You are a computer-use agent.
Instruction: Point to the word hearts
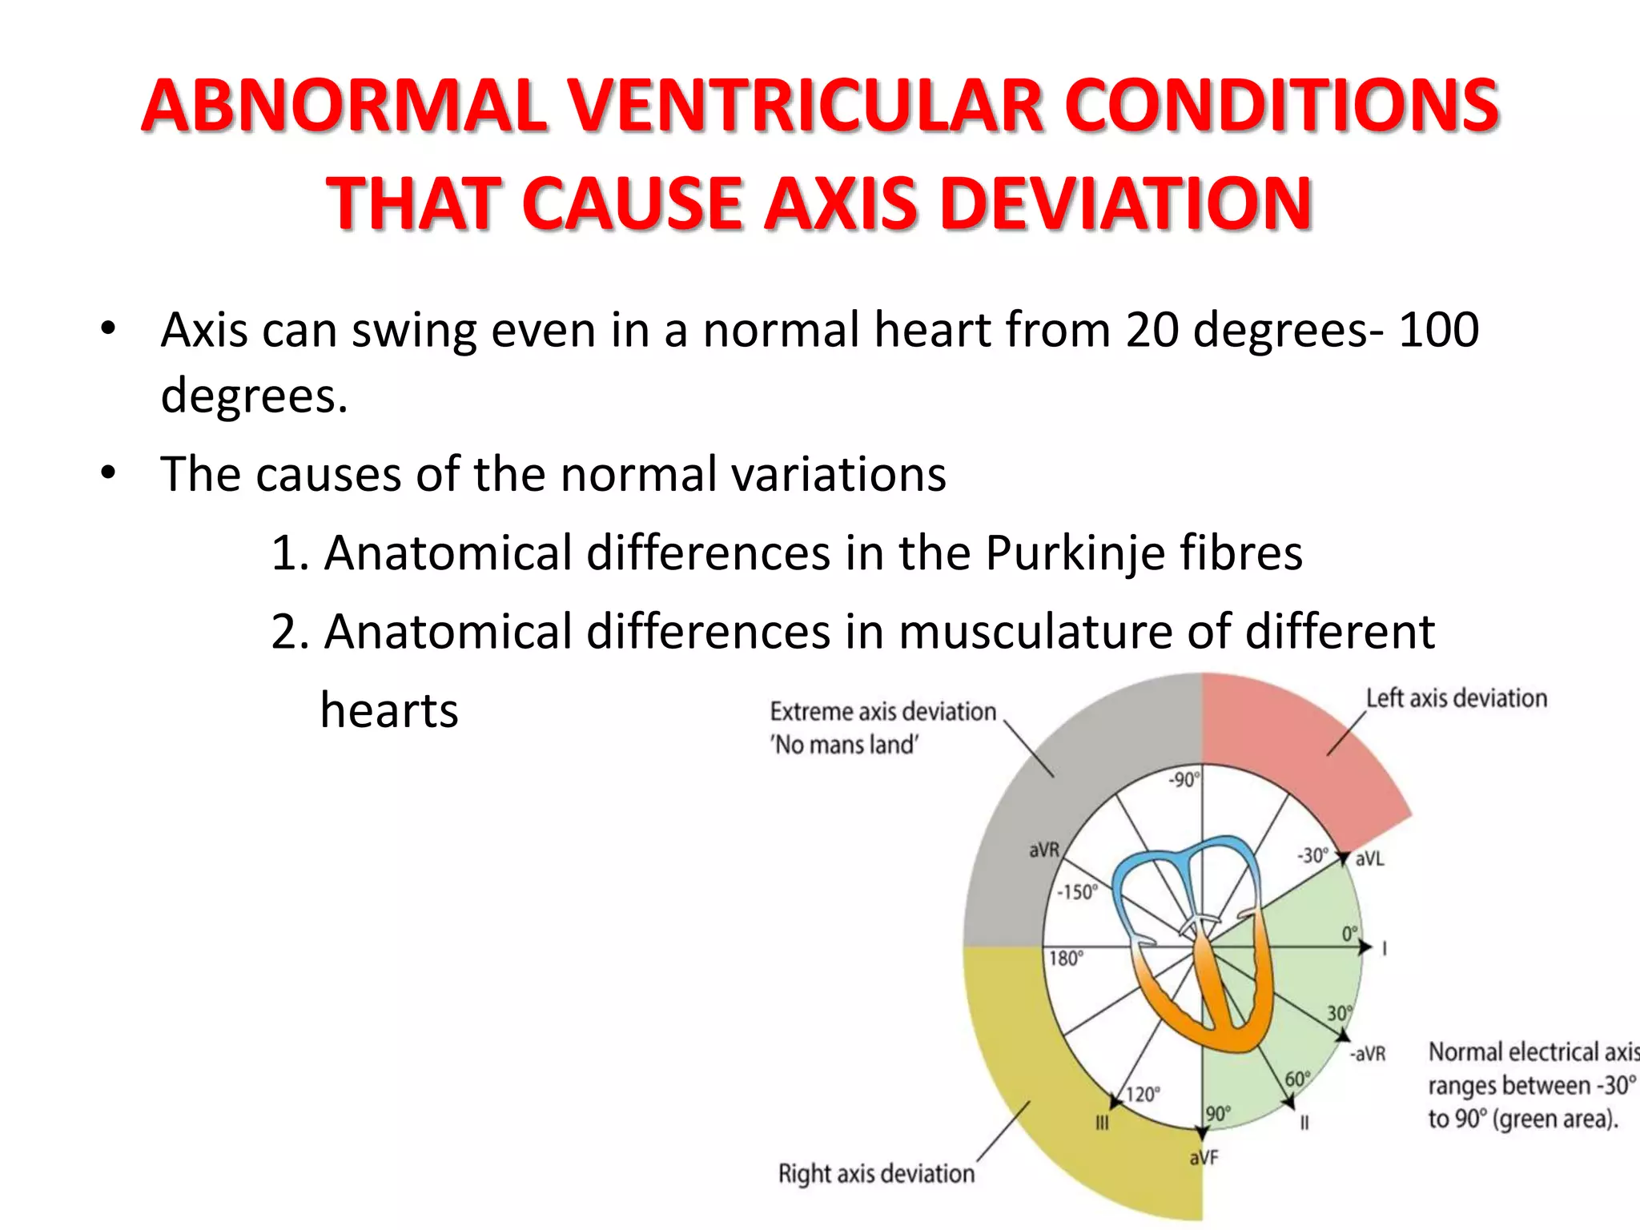pos(389,710)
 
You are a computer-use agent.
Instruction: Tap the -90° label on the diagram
pos(1184,779)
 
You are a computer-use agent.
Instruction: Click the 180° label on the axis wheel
pos(1066,959)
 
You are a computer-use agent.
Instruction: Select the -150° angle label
pos(1077,892)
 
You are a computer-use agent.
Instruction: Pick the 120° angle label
pos(1143,1094)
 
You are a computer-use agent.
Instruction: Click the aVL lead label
pos(1369,859)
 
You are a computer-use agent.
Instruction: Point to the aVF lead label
pos(1204,1157)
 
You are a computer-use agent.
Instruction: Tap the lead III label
pos(1102,1123)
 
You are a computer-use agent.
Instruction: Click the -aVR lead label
pos(1367,1054)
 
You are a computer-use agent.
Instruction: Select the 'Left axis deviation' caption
pos(1456,698)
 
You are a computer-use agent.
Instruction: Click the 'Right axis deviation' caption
pos(876,1173)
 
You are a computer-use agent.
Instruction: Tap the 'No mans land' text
pos(844,745)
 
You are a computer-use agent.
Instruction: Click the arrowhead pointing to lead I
pos(1365,947)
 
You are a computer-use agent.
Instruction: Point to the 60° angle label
pos(1297,1079)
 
